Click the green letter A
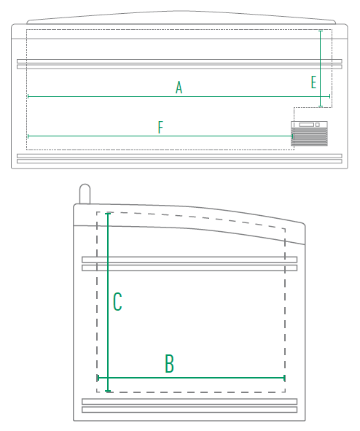point(179,88)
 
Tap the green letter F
point(160,127)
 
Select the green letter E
point(313,82)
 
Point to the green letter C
point(117,301)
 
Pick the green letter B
point(169,363)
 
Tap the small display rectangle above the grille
point(307,125)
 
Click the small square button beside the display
point(318,125)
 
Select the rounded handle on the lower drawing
point(85,194)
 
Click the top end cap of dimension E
point(321,31)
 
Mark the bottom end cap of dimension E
point(321,106)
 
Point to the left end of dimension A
point(28,96)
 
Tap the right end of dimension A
point(329,96)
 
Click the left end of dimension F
point(28,136)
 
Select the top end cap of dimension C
point(108,213)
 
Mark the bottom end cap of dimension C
point(108,391)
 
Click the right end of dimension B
point(284,378)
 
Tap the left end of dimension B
point(98,378)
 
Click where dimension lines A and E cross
point(321,96)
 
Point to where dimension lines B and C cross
point(108,378)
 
